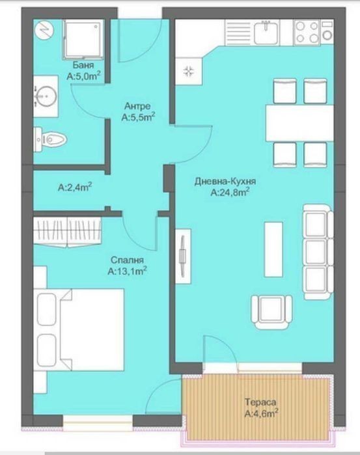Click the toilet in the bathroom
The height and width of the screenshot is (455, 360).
pyautogui.click(x=50, y=140)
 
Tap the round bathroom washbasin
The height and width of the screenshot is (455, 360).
pyautogui.click(x=46, y=96)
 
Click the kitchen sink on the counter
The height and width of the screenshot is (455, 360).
pyautogui.click(x=266, y=33)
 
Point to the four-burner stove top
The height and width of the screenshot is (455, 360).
pyautogui.click(x=307, y=33)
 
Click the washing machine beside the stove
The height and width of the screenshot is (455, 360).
pyautogui.click(x=327, y=33)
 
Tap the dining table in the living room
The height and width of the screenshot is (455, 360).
pyautogui.click(x=299, y=123)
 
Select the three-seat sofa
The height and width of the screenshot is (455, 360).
pyautogui.click(x=318, y=252)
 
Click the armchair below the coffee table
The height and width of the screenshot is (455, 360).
pyautogui.click(x=271, y=312)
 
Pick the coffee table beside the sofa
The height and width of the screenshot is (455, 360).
pyautogui.click(x=273, y=249)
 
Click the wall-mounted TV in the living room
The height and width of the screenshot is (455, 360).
pyautogui.click(x=183, y=256)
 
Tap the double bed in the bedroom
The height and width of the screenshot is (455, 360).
pyautogui.click(x=79, y=329)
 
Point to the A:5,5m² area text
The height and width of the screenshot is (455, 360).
pyautogui.click(x=138, y=118)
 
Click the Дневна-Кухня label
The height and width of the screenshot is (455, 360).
pyautogui.click(x=225, y=182)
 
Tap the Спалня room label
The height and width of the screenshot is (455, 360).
pyautogui.click(x=127, y=260)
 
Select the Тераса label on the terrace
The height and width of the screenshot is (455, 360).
pyautogui.click(x=260, y=402)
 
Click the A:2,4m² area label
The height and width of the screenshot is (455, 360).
pyautogui.click(x=75, y=187)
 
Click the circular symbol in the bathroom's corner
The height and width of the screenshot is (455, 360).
pyautogui.click(x=44, y=31)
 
